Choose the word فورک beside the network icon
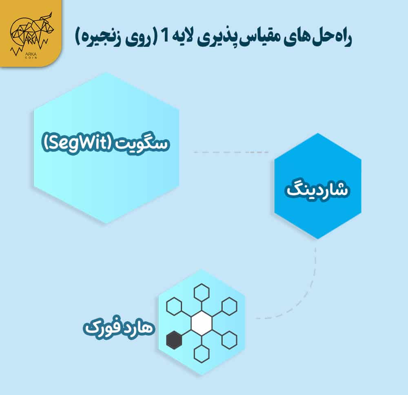[100, 328]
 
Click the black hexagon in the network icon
[174, 340]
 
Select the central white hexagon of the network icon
[202, 323]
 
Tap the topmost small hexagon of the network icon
[202, 292]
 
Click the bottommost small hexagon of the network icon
[202, 353]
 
